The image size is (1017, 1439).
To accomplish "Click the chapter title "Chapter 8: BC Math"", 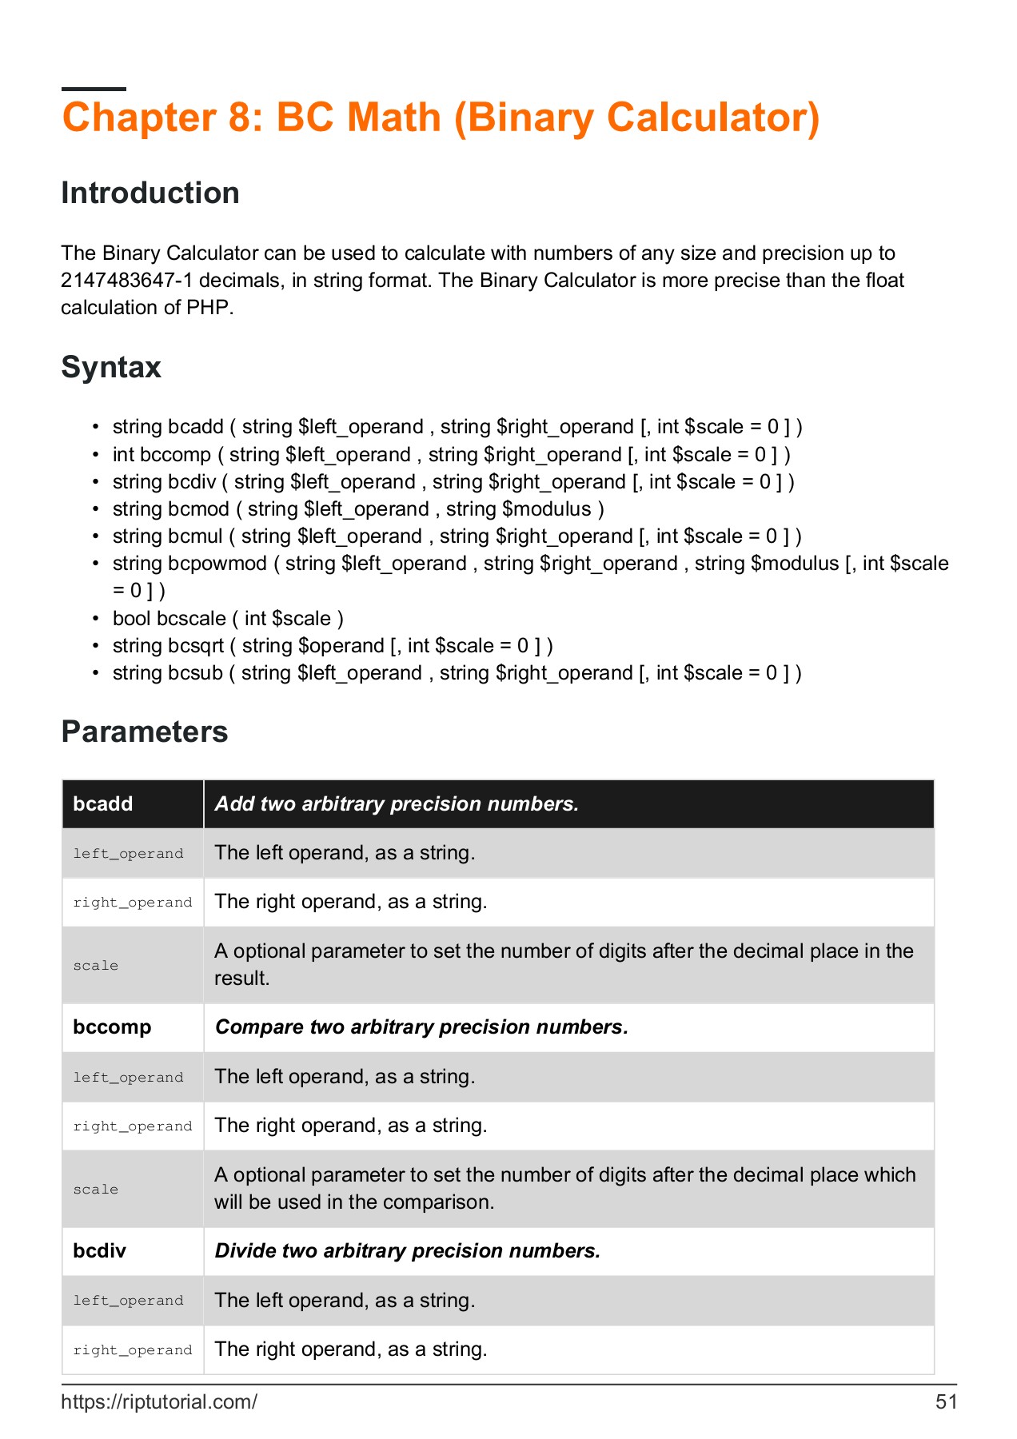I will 441,118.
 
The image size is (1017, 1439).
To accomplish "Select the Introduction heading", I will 150,193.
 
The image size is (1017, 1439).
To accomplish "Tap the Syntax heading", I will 111,368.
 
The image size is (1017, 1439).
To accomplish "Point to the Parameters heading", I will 145,732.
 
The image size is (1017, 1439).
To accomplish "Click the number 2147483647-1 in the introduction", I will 127,281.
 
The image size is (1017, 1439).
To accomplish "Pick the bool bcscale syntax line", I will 228,619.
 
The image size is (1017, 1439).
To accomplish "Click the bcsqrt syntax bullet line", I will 332,646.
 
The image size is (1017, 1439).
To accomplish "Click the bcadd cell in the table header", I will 103,804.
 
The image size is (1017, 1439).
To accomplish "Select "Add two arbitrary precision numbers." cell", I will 397,804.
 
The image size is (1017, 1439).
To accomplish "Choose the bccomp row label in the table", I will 112,1027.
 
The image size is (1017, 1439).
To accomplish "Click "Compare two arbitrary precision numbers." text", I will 421,1027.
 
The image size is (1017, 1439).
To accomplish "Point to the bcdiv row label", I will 100,1251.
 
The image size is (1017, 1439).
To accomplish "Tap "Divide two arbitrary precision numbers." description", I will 407,1251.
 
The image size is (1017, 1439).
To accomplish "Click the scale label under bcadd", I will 96,966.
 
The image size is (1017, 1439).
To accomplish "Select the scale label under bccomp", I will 96,1190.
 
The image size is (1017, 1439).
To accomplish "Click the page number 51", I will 946,1402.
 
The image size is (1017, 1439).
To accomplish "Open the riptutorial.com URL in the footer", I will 159,1402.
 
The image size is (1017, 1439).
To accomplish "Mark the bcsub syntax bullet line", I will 457,673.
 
